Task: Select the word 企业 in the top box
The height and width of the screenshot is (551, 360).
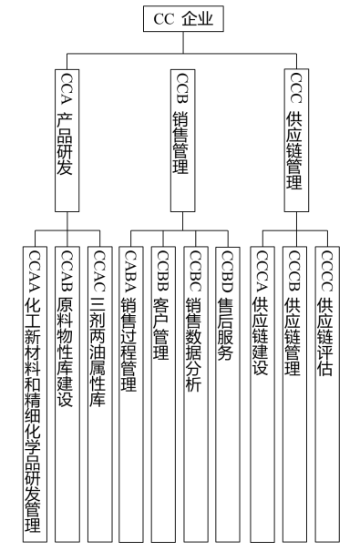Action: coord(199,18)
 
